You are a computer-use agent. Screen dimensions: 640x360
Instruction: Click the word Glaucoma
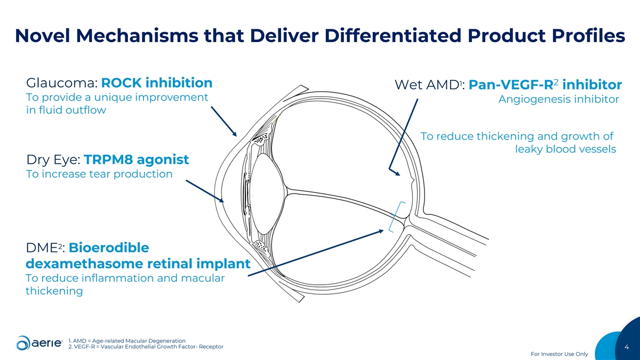(62, 83)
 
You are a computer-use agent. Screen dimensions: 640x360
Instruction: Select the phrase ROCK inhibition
(157, 83)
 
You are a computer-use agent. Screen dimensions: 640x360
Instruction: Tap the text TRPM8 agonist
(137, 159)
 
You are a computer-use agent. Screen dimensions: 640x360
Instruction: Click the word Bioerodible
(109, 247)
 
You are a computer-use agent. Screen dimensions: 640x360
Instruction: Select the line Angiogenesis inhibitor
(559, 99)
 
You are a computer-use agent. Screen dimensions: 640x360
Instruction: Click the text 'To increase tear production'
(99, 174)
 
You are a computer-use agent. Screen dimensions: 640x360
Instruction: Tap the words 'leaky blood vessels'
(566, 149)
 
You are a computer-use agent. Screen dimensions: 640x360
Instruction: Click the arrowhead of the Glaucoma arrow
(235, 134)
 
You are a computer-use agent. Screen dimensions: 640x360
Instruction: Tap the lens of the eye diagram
(268, 194)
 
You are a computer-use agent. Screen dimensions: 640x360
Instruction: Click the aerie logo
(39, 343)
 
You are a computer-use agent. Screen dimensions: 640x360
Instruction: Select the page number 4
(627, 347)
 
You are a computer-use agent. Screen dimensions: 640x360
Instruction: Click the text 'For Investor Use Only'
(559, 354)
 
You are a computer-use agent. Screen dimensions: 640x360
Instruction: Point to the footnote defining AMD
(127, 341)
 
